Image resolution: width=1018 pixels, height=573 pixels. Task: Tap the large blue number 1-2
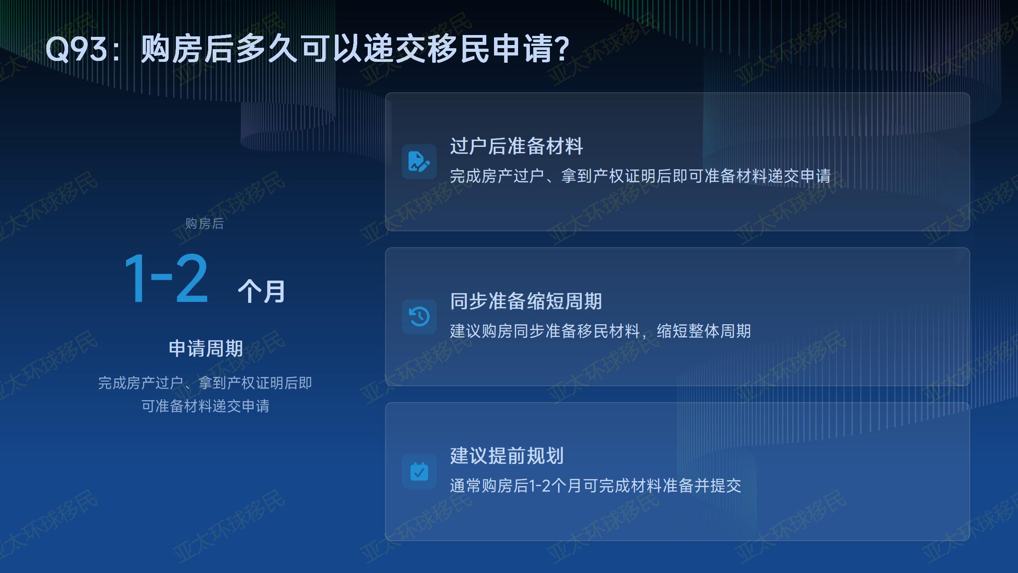166,278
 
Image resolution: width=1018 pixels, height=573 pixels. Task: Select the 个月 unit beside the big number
261,292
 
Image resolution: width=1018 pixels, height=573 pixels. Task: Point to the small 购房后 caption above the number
205,224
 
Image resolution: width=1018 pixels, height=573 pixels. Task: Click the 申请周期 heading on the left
205,348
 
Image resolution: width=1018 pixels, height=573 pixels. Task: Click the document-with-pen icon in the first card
419,161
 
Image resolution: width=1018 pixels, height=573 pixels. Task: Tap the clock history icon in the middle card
419,317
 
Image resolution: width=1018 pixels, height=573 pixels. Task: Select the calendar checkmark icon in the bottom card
419,472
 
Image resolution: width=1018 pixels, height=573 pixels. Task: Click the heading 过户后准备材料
516,146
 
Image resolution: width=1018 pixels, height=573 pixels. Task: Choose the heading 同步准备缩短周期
526,301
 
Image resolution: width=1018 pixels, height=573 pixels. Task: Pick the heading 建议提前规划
507,456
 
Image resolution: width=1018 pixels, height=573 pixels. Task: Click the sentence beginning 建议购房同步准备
600,331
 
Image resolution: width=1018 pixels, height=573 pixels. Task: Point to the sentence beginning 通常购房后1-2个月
595,486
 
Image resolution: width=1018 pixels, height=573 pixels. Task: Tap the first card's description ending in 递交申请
640,176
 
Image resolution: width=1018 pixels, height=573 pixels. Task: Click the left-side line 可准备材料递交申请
205,406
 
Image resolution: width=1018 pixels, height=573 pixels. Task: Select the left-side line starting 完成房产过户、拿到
205,383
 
